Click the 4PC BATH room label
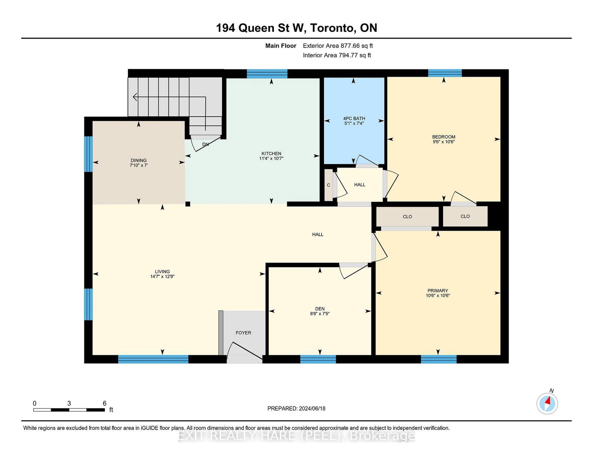(x=354, y=118)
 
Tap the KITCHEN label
(x=271, y=154)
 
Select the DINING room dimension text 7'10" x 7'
(x=139, y=165)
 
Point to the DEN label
(x=320, y=309)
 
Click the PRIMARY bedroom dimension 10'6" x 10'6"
(x=438, y=295)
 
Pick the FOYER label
(x=243, y=332)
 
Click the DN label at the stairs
(x=205, y=144)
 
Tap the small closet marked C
(x=329, y=185)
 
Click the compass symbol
(x=547, y=404)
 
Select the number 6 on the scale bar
(x=105, y=403)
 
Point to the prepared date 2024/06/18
(x=312, y=408)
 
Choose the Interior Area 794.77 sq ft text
(x=337, y=55)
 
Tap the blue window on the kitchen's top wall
(x=267, y=74)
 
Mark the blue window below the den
(x=318, y=359)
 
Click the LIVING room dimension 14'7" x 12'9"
(x=162, y=277)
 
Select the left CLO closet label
(x=407, y=217)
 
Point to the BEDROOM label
(x=444, y=137)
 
